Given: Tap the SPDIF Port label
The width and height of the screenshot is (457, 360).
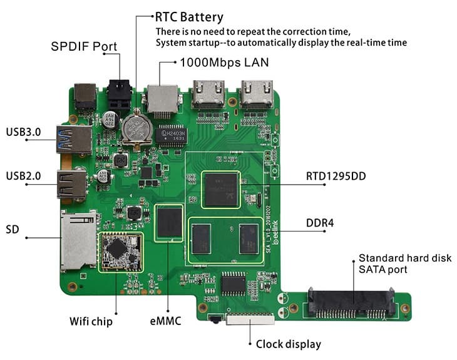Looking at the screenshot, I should (84, 47).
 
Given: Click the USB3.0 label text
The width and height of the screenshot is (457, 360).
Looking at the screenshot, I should (23, 132).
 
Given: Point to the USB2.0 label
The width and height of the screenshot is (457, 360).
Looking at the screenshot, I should (23, 176).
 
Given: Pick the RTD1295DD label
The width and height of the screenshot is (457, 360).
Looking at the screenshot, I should (336, 177).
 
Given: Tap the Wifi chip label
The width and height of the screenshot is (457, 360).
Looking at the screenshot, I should (91, 322).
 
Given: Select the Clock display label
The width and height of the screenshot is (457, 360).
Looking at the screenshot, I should (288, 344).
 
